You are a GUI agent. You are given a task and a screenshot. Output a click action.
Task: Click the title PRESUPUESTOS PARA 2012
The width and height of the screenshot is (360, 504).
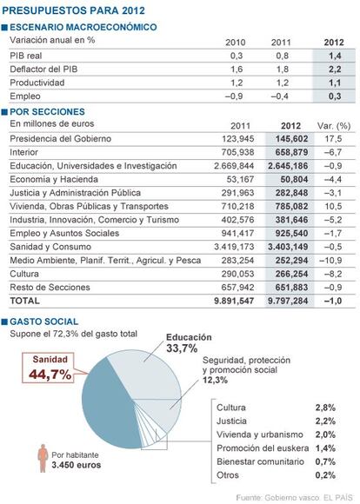point(73,10)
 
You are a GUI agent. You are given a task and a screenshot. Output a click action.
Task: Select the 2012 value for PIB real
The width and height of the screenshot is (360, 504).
point(335,56)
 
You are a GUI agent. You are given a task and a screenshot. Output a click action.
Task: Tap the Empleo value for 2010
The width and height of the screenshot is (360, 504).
point(234,96)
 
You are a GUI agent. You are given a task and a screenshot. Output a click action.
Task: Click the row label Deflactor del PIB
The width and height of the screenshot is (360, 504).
point(43,70)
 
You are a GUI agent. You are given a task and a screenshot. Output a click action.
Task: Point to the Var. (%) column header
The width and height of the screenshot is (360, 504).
point(334,126)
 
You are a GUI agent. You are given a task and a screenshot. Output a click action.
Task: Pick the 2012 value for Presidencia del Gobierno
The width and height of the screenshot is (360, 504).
point(292,139)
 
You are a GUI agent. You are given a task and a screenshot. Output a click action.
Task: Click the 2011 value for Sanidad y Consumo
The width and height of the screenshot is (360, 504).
point(234,247)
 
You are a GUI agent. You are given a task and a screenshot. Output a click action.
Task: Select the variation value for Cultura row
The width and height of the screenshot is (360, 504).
point(333,274)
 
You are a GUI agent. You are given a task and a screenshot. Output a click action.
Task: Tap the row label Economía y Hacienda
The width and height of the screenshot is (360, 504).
point(54,179)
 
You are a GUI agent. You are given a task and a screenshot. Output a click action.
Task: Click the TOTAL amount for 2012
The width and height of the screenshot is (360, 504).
point(288,301)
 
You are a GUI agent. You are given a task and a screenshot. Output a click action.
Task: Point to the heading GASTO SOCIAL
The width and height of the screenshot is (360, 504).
point(44,322)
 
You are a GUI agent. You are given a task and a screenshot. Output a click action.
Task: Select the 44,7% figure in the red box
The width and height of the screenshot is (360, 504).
point(50,375)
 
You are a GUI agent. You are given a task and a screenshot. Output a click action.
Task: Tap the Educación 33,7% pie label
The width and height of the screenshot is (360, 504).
point(189,342)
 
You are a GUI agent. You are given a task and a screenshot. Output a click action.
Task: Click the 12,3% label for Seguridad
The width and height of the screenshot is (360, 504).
point(215,380)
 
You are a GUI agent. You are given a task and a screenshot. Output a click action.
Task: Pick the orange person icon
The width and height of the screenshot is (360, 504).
point(43,458)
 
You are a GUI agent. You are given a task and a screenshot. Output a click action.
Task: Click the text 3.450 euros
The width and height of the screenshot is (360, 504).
point(77,465)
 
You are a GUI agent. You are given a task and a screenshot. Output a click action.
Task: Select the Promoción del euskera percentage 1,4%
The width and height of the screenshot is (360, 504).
point(325,448)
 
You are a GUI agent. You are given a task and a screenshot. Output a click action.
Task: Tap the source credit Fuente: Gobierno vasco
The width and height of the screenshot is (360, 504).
point(278,498)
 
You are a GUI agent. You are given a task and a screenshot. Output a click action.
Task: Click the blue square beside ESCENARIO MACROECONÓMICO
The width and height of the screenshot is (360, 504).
point(4,27)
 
